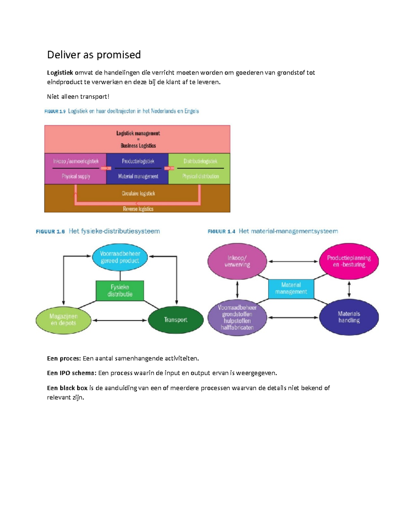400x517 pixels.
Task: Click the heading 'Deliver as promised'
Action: pos(94,55)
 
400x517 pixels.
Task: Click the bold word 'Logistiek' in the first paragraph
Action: pos(60,73)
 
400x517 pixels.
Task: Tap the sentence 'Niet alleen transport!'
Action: pos(78,97)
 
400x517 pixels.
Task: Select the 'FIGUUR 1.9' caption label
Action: pos(55,112)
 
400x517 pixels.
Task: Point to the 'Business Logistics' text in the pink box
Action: pos(138,145)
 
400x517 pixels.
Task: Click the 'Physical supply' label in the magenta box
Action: pos(76,176)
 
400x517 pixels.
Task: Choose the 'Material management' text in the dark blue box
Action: pos(138,176)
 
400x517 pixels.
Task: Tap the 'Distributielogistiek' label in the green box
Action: pos(200,161)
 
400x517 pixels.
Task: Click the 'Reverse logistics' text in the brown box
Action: pos(138,209)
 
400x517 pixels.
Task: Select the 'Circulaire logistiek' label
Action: pos(138,193)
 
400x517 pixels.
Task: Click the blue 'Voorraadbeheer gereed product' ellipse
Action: pos(120,257)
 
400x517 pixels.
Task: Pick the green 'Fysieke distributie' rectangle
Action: pos(120,291)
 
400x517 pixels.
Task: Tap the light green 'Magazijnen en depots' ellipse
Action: pos(63,320)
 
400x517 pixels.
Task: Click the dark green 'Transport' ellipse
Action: pos(176,320)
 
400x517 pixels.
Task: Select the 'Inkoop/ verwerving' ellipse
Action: pos(237,261)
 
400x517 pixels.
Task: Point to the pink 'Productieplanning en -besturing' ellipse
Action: pos(349,261)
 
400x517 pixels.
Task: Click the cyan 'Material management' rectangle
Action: pos(291,289)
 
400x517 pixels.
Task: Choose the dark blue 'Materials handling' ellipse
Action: pos(349,317)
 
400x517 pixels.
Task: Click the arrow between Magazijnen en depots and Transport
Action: pos(119,320)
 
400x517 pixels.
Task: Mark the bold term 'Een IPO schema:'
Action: pos(72,373)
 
